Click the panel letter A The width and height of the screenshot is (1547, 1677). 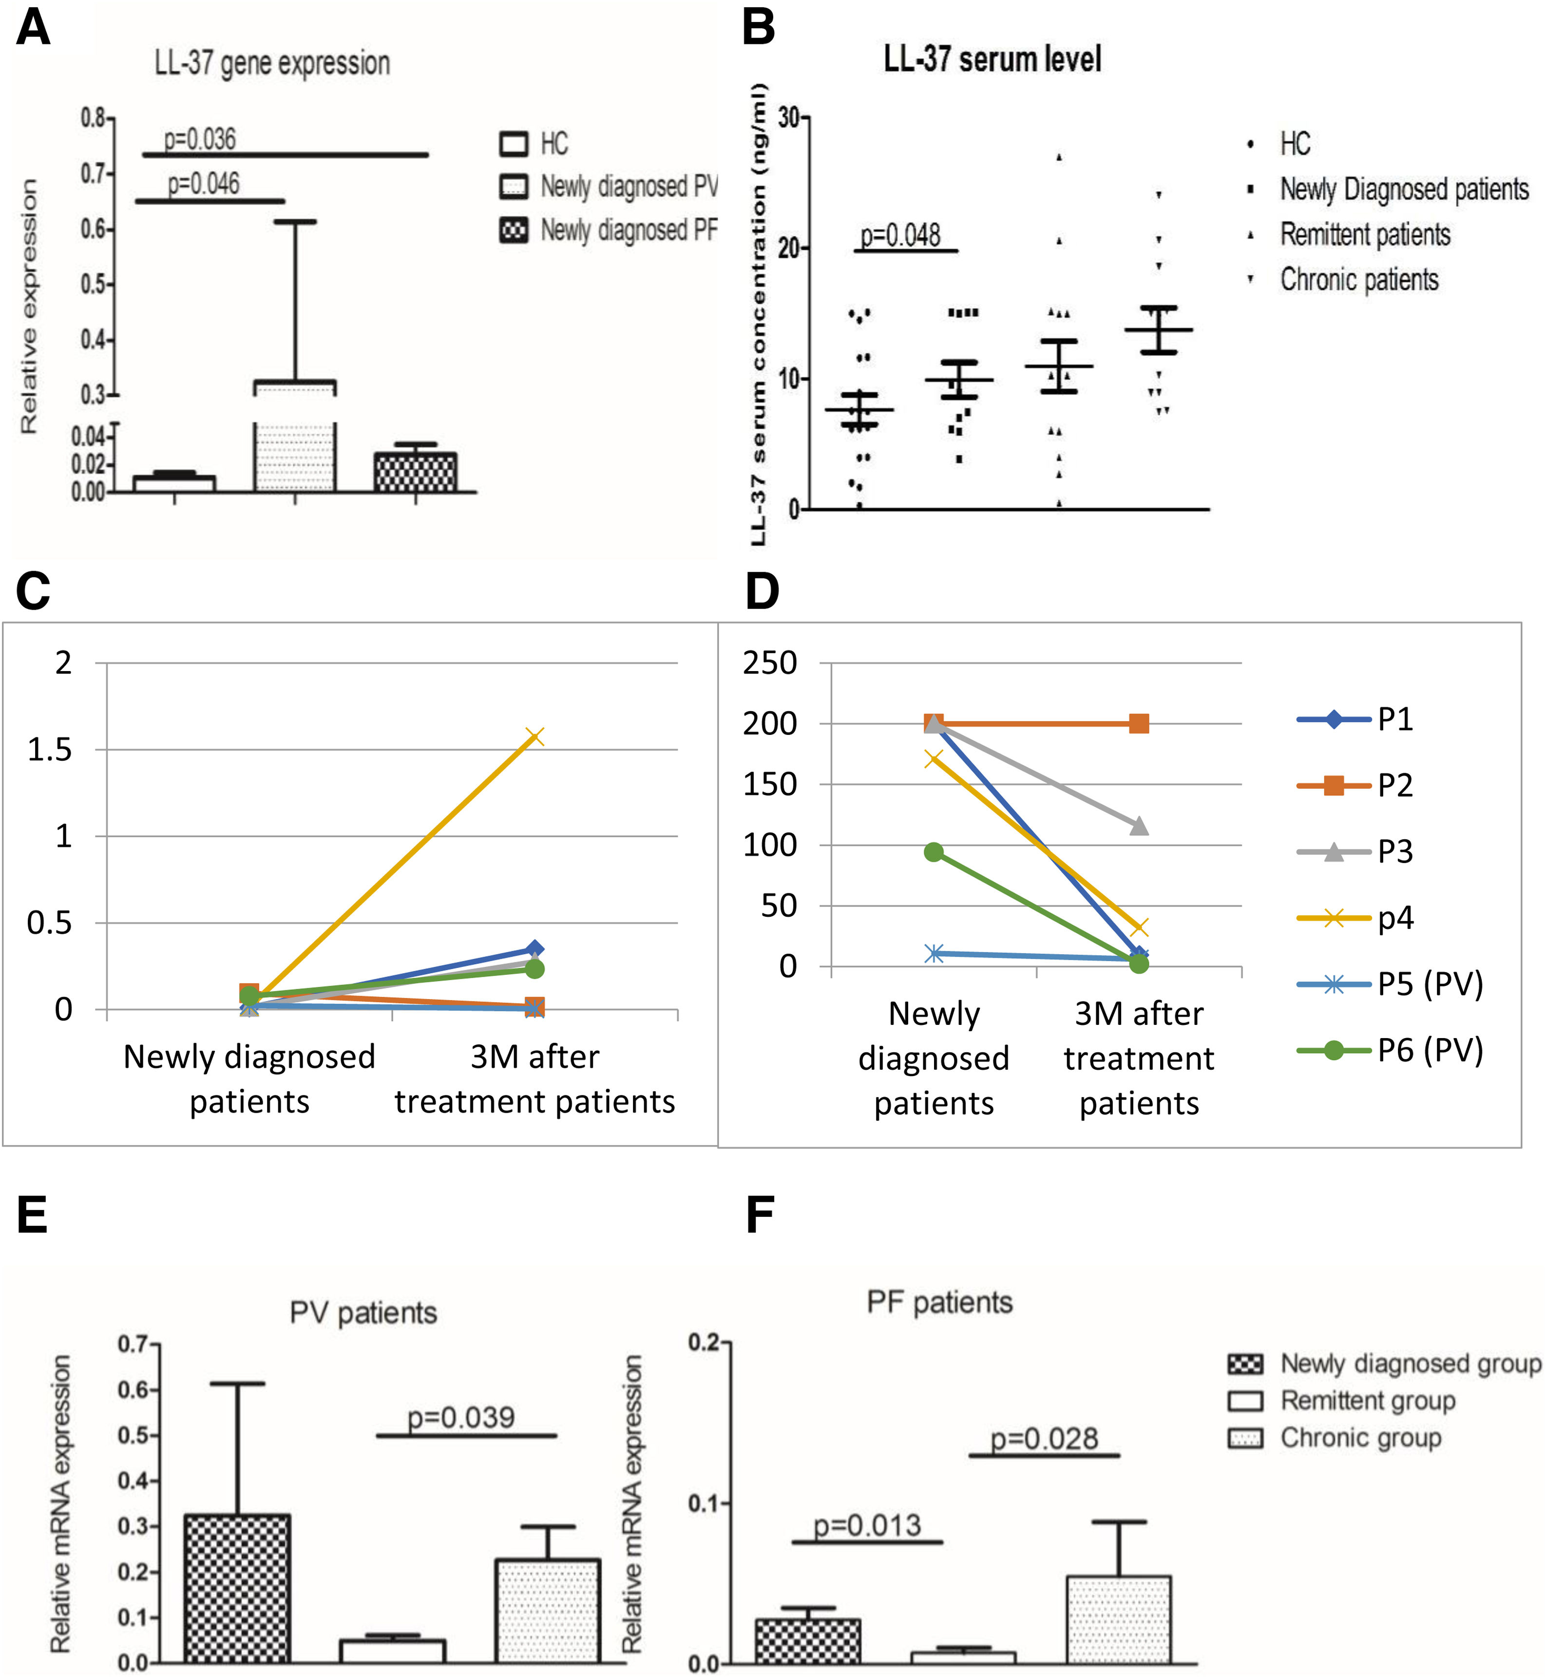[34, 28]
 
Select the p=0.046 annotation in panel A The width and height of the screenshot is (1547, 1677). [203, 183]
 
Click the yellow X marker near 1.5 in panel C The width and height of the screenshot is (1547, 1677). [534, 737]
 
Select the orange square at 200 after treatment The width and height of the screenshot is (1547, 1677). [1139, 723]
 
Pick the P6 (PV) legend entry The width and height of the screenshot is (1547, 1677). [1430, 1050]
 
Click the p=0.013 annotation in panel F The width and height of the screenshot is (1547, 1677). [867, 1525]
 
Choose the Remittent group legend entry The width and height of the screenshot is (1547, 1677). [1368, 1401]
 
